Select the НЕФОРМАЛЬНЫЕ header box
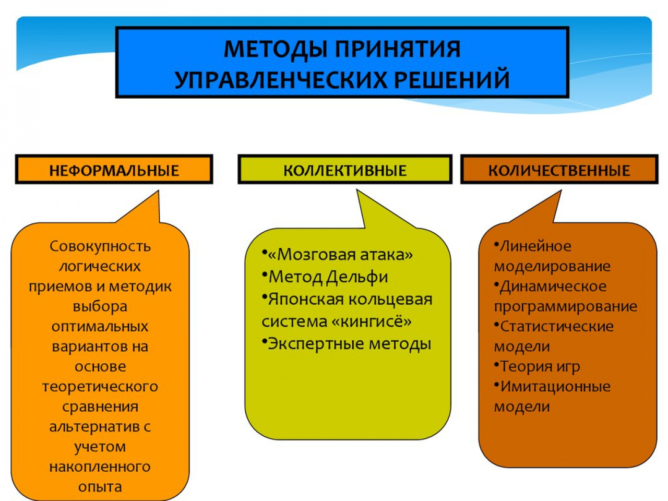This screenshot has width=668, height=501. click(114, 170)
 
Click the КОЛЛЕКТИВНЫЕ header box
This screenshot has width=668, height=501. click(345, 170)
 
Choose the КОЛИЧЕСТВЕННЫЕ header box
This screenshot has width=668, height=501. click(559, 170)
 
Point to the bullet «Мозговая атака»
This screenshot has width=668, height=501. click(338, 254)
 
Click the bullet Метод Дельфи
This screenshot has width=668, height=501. click(325, 277)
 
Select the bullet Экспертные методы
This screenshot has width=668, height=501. click(347, 344)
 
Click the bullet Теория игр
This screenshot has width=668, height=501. click(537, 366)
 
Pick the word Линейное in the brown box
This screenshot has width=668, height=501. click(535, 246)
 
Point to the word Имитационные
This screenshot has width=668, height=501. click(555, 386)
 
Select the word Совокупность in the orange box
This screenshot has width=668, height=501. click(100, 246)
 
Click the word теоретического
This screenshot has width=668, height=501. click(100, 387)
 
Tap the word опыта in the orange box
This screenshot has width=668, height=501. click(100, 487)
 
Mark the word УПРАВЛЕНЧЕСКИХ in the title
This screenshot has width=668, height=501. click(281, 80)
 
